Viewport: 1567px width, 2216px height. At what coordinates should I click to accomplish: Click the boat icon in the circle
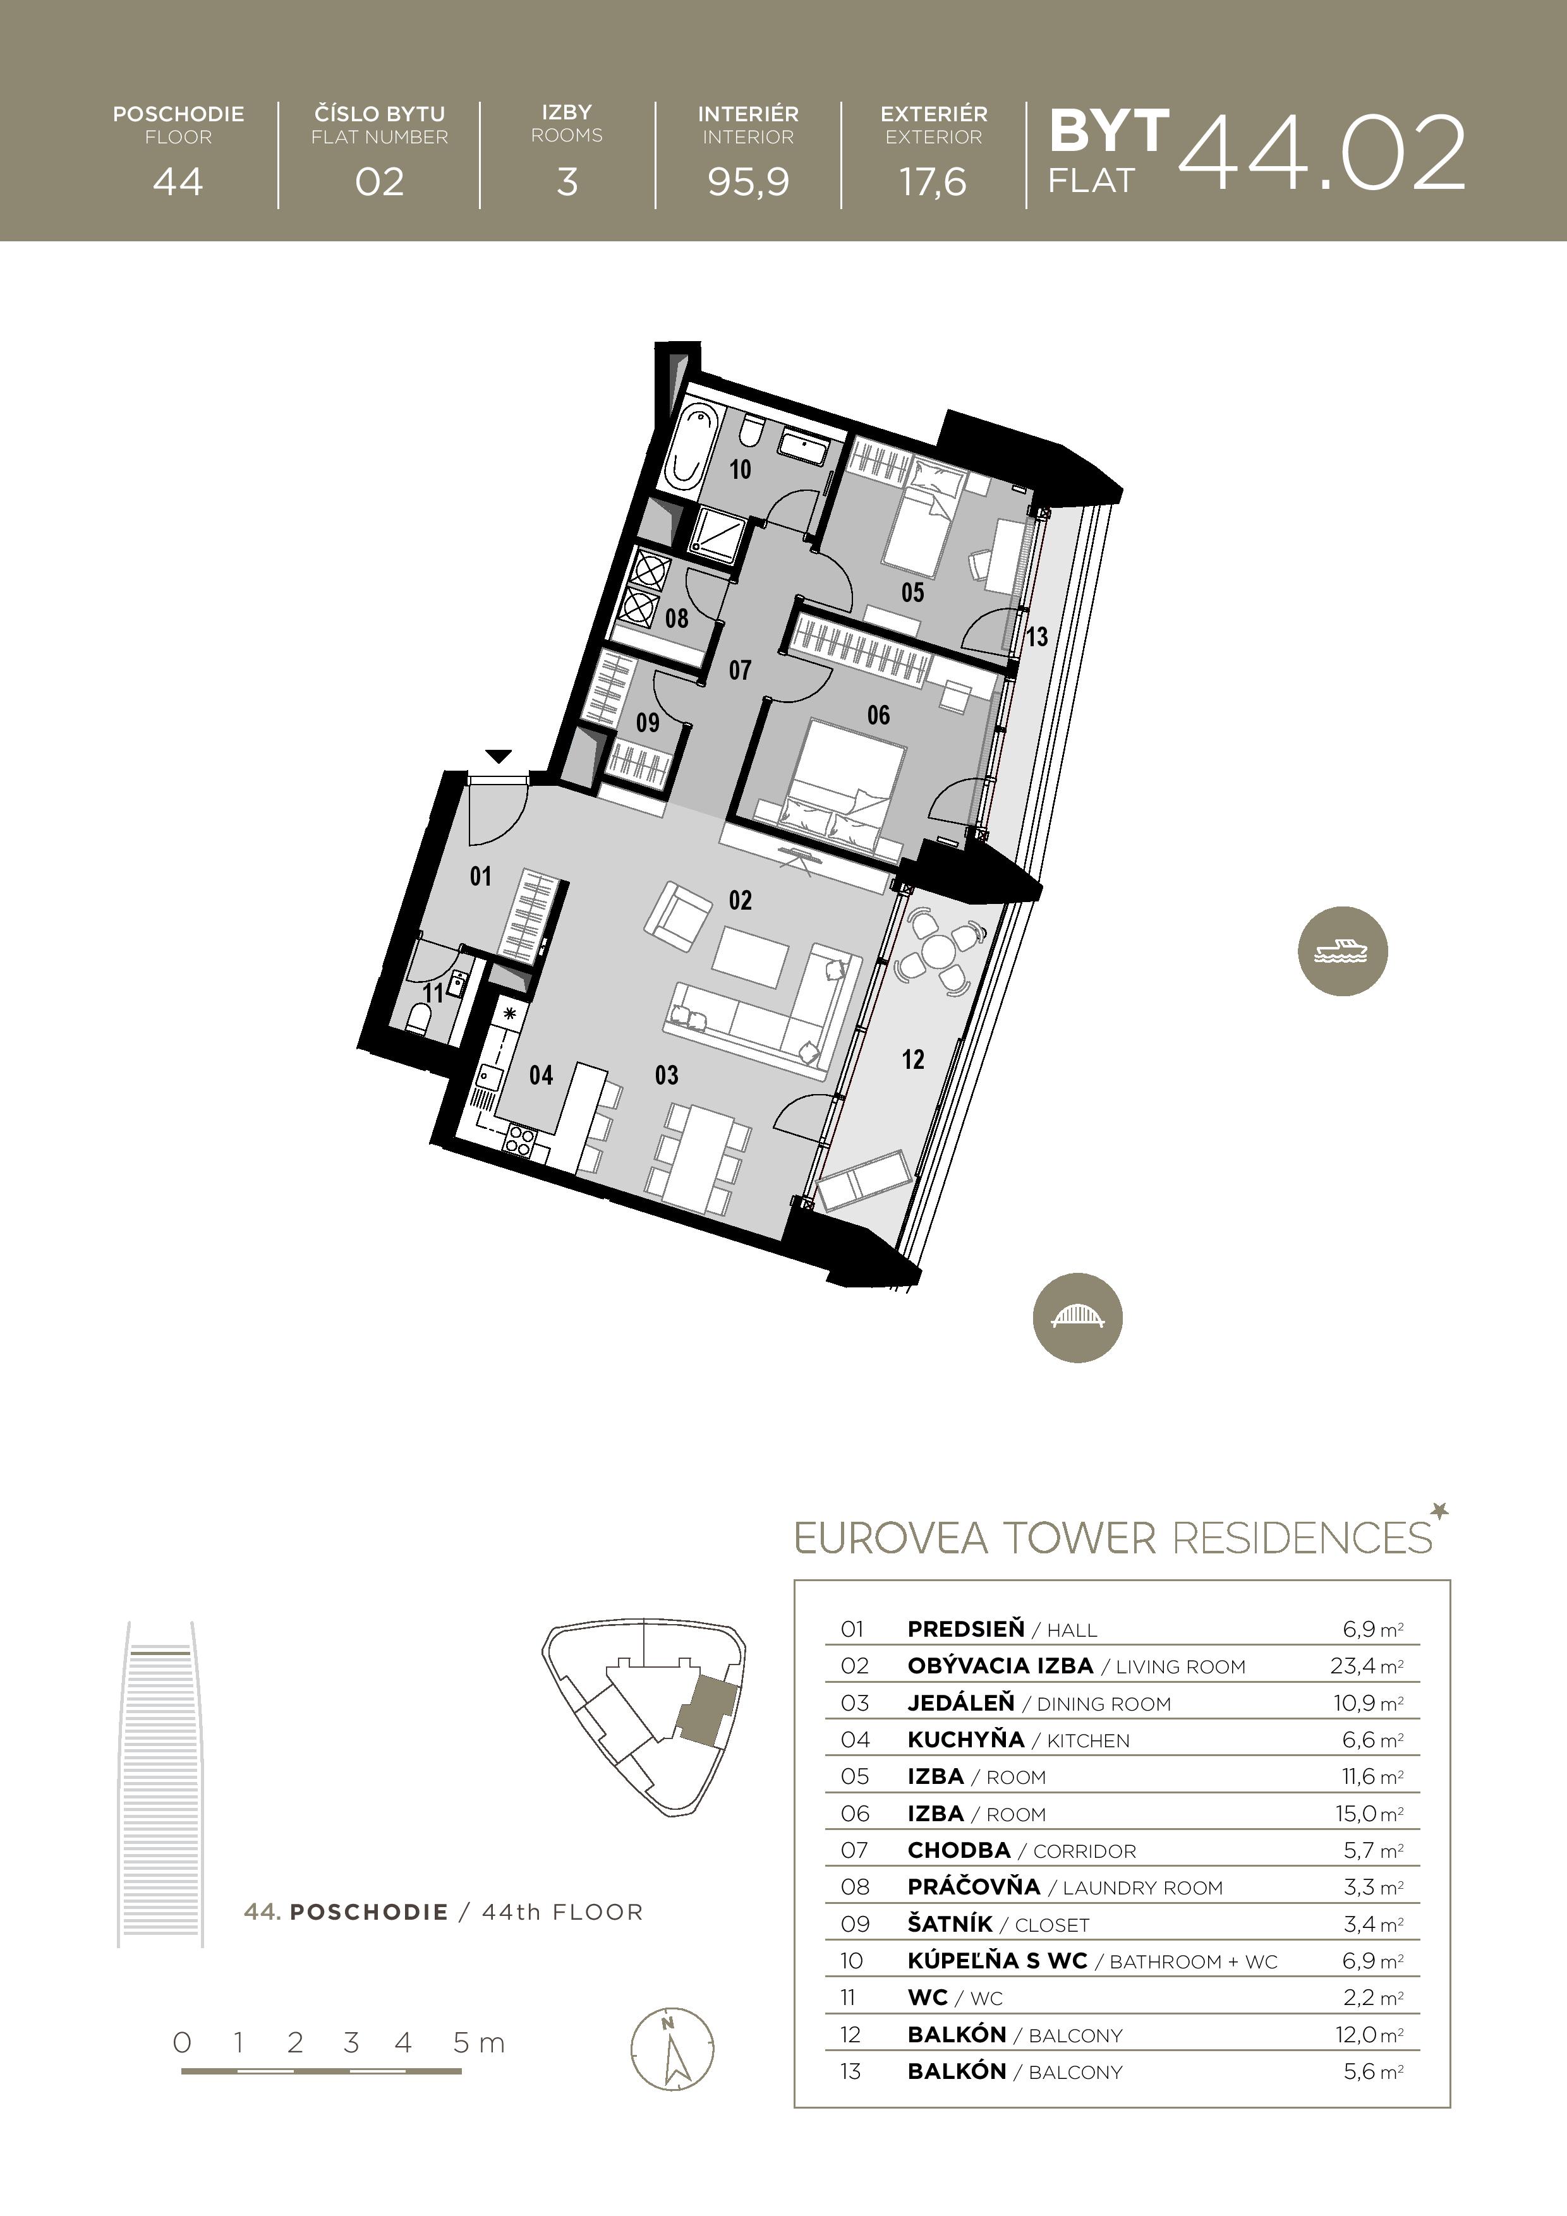coord(1342,951)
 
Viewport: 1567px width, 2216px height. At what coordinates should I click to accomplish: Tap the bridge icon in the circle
coord(1077,1318)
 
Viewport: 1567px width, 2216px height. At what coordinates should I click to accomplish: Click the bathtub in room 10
coord(691,447)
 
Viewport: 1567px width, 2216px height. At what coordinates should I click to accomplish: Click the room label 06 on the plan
coord(878,715)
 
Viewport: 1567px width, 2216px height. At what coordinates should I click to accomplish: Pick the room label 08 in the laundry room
coord(676,618)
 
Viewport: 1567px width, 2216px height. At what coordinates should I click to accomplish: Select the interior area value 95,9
coord(748,181)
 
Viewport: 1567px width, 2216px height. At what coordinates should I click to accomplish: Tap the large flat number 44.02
coord(1322,154)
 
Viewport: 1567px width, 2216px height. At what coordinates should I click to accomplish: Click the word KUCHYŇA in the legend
coord(965,1739)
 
